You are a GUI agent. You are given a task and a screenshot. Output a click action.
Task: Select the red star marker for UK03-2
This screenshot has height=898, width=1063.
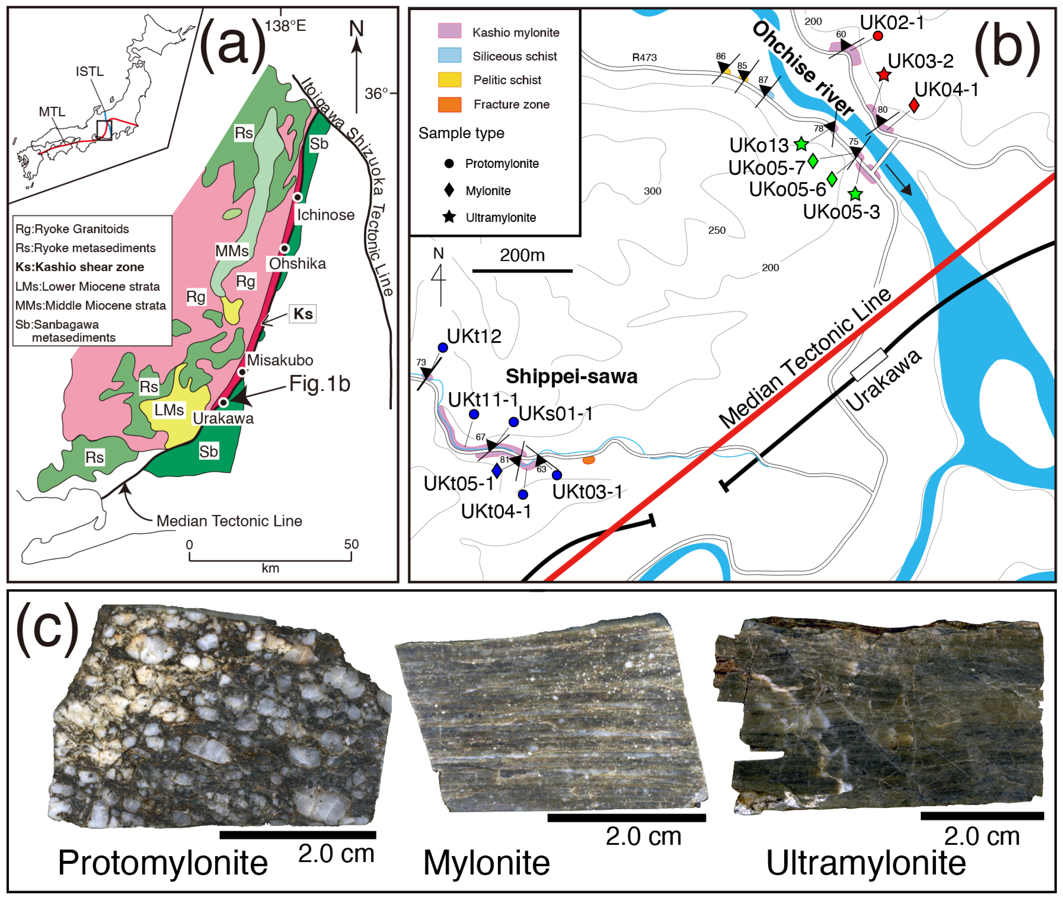tap(884, 75)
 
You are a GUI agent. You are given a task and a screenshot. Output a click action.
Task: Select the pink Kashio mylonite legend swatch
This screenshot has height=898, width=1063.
tap(449, 31)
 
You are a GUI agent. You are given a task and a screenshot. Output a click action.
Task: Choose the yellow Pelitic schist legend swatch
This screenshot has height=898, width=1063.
tap(449, 80)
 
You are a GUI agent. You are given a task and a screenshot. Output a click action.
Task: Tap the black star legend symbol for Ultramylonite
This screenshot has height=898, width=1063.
tap(449, 217)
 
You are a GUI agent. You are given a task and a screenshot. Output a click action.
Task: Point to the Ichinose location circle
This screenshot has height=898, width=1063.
tap(298, 197)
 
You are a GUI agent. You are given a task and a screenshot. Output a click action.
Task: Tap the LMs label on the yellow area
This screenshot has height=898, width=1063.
tap(169, 410)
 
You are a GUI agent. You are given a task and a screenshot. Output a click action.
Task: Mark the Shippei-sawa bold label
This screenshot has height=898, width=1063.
tap(571, 377)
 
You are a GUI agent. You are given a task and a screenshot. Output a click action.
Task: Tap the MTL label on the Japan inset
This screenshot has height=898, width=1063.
tap(52, 112)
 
